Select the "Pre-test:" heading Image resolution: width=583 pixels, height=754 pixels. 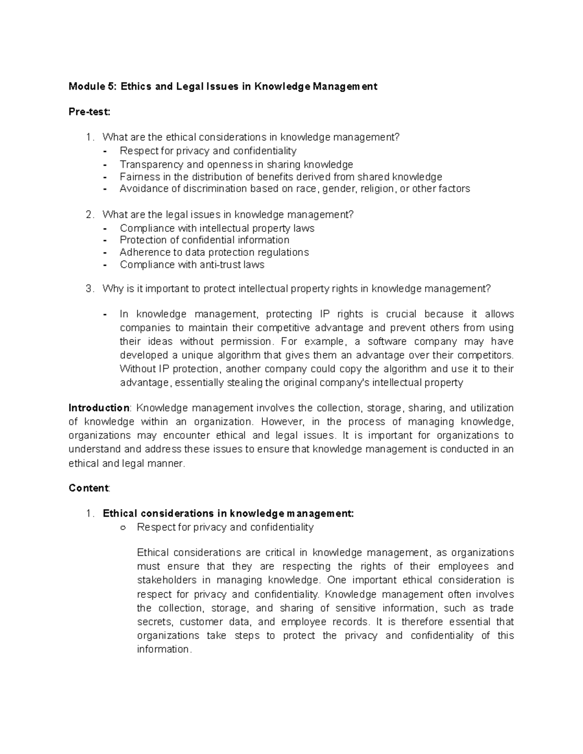[x=89, y=112]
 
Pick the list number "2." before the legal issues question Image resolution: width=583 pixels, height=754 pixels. [x=89, y=215]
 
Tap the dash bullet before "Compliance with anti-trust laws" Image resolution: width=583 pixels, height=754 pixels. [x=106, y=265]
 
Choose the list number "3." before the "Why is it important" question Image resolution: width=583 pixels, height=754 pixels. [x=89, y=289]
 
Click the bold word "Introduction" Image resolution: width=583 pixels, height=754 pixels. [x=99, y=408]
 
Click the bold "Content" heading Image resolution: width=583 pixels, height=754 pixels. [x=89, y=488]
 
